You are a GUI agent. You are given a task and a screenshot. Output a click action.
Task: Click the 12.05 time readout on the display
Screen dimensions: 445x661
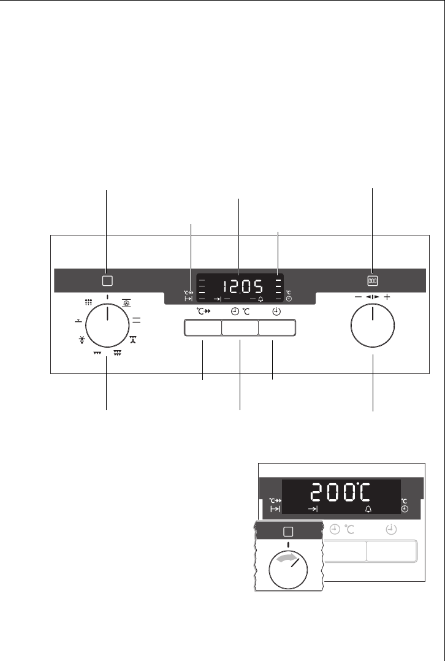[x=243, y=287]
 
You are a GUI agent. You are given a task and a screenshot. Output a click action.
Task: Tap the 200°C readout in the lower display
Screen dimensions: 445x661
[x=341, y=492]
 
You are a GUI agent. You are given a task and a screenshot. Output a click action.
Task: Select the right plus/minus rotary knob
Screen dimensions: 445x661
[x=373, y=326]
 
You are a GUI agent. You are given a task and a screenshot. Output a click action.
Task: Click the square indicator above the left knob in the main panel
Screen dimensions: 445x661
[x=107, y=280]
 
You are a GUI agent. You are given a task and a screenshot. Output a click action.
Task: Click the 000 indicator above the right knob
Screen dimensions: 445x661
[x=373, y=281]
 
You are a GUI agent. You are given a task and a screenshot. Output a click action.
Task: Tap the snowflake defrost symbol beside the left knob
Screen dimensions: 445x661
[x=82, y=340]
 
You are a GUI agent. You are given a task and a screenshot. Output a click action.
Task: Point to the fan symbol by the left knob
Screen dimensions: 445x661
[x=126, y=303]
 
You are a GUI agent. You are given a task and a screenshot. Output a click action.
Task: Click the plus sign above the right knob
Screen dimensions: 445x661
[x=387, y=297]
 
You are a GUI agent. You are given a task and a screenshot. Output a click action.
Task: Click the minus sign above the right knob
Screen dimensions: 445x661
[x=358, y=297]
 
